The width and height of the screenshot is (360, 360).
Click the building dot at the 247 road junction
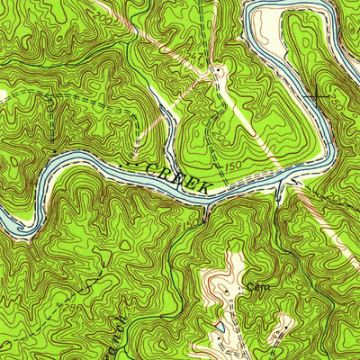point(216,70)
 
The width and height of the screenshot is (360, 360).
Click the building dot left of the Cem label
point(241,290)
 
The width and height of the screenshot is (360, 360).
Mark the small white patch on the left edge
point(3,93)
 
